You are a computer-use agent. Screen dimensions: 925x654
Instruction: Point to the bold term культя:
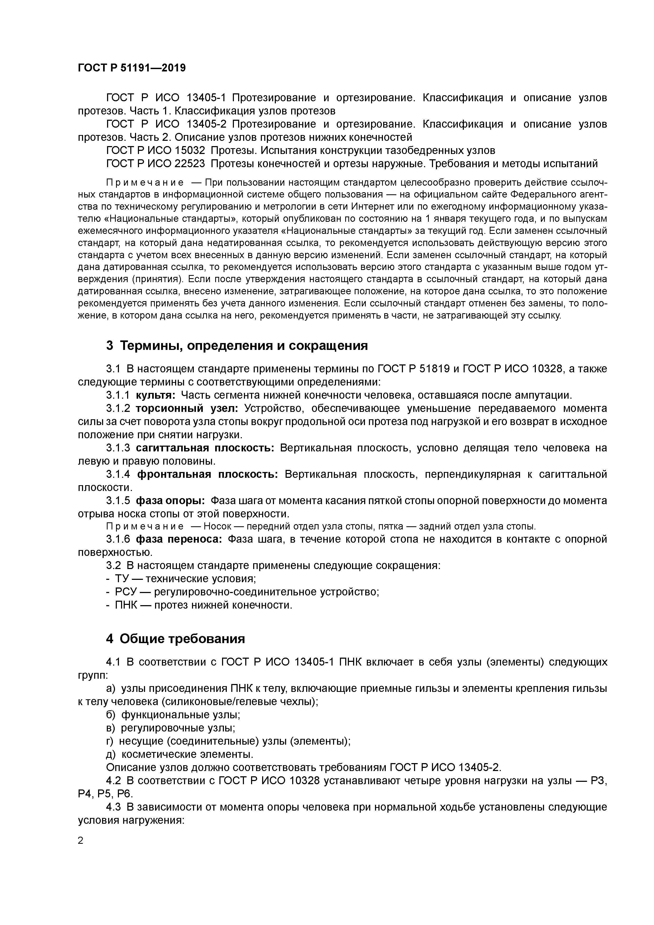tap(155, 395)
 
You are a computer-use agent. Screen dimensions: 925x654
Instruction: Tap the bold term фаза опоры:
tap(170, 500)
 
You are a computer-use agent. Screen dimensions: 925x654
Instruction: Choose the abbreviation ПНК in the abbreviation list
tap(125, 605)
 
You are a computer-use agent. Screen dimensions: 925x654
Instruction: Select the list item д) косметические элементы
tap(180, 754)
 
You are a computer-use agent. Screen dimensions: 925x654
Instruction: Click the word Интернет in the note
tap(372, 207)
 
